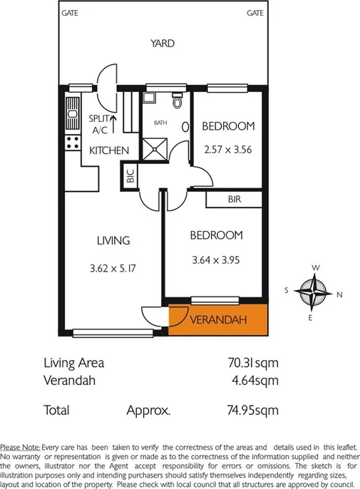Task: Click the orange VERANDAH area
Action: coord(218,319)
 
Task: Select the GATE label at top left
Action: coord(70,13)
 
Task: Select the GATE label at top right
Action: coord(256,13)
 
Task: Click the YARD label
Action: coord(163,43)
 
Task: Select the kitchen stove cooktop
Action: coord(72,142)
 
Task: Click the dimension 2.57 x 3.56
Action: coord(227,150)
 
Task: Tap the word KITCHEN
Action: coord(109,150)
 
